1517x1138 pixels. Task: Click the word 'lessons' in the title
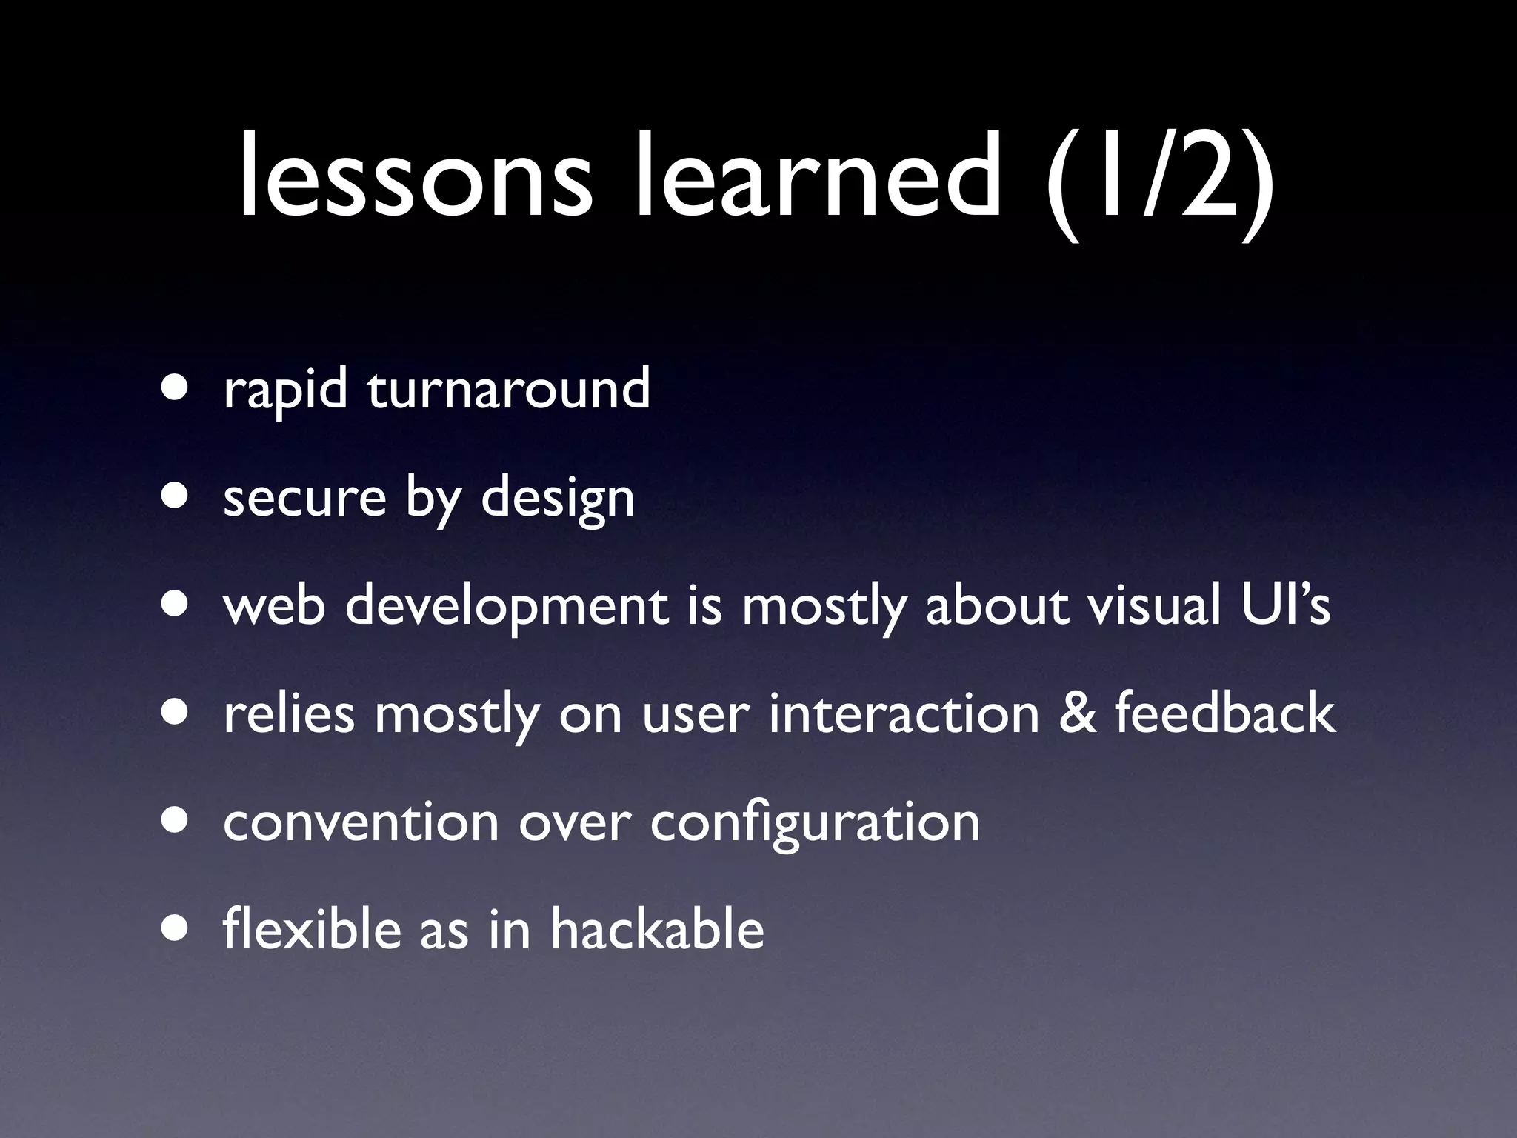click(416, 179)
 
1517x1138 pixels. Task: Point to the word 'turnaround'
click(509, 388)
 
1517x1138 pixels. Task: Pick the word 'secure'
click(304, 498)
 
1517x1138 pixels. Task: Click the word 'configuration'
click(815, 823)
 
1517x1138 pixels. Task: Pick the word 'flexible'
click(312, 929)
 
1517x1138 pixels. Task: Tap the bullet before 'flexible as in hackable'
click(176, 930)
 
